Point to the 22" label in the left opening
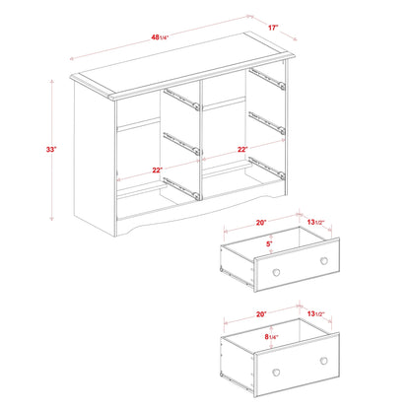point(157,171)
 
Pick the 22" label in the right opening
point(242,149)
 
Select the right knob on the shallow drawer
point(322,260)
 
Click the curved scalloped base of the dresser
point(187,216)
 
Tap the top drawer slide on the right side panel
point(267,78)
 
